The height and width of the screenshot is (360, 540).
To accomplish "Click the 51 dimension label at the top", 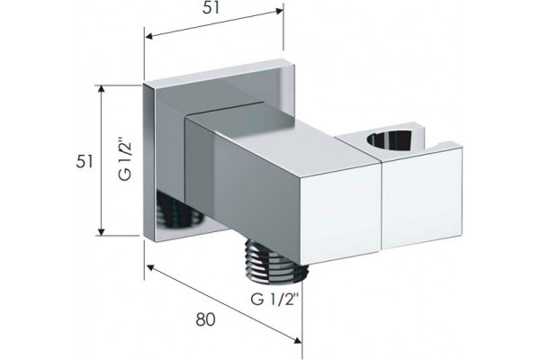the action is (x=211, y=7).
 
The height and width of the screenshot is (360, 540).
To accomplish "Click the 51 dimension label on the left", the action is (x=85, y=161).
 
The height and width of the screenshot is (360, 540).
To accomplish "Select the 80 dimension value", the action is (x=205, y=319).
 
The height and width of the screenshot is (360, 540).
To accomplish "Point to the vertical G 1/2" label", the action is (x=125, y=158).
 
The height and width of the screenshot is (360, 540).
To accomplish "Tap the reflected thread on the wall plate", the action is (x=179, y=210).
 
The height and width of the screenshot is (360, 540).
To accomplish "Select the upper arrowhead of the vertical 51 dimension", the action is (x=101, y=90).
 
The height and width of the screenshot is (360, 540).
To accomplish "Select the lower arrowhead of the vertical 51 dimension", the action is (x=101, y=230).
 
